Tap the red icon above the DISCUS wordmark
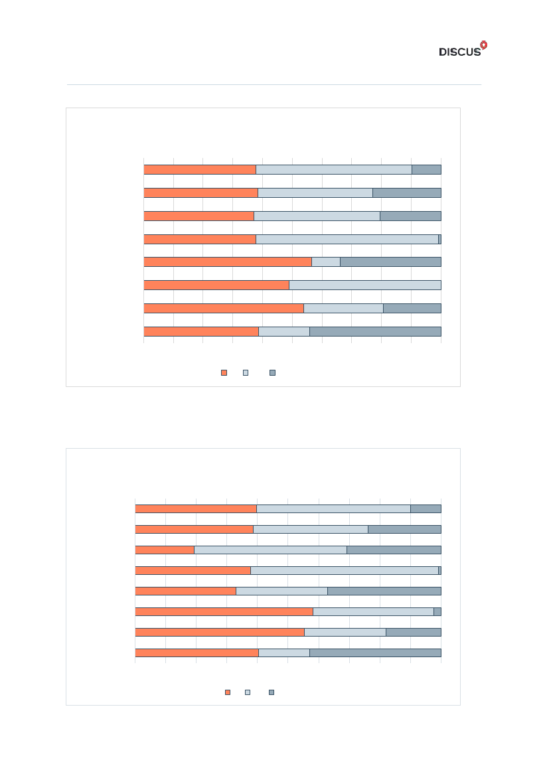point(483,44)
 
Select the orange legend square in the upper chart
point(224,373)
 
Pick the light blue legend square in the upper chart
point(246,373)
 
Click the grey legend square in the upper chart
point(272,373)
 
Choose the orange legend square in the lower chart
point(228,692)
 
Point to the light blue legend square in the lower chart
point(248,692)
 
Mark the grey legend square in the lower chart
point(271,692)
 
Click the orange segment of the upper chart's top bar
point(200,169)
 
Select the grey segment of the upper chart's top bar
point(426,169)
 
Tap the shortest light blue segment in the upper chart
point(326,262)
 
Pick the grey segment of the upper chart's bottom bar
point(375,331)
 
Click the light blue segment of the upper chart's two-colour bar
point(365,285)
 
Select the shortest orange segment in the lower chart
point(165,550)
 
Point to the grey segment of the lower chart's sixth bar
point(437,611)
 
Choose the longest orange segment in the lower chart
point(224,611)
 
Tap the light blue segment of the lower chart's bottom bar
point(284,653)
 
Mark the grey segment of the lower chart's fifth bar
point(384,591)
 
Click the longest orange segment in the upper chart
point(228,262)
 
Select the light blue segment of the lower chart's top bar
point(333,508)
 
